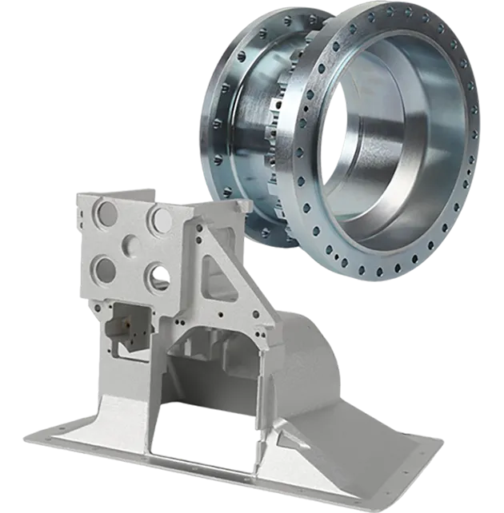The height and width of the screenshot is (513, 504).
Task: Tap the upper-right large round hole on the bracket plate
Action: coord(159,218)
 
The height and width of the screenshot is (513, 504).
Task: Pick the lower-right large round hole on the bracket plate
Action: coord(158,276)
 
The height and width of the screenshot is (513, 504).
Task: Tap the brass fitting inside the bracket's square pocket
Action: coord(126,324)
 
